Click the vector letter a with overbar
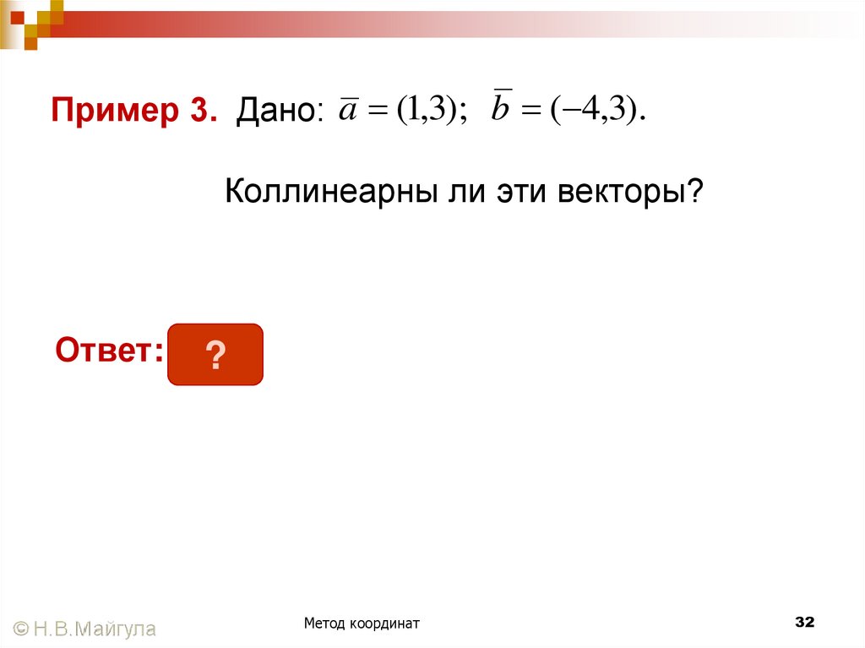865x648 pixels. point(347,112)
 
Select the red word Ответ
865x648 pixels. point(109,350)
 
